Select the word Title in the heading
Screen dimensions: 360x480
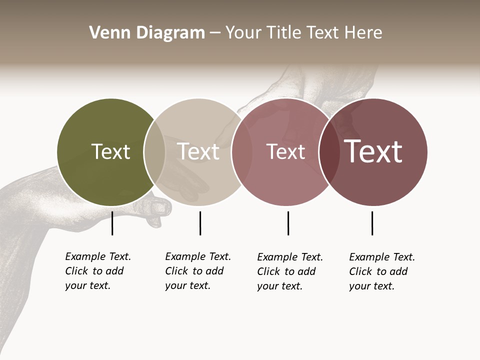285,32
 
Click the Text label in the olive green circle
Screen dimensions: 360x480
110,151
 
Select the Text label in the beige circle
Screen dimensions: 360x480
198,151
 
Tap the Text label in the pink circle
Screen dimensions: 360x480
285,151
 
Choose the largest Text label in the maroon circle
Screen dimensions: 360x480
373,151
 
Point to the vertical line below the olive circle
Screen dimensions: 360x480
112,223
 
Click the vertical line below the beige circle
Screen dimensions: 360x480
200,223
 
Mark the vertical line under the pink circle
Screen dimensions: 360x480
288,223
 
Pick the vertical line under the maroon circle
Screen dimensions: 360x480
372,223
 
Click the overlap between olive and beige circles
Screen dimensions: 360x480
154,152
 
